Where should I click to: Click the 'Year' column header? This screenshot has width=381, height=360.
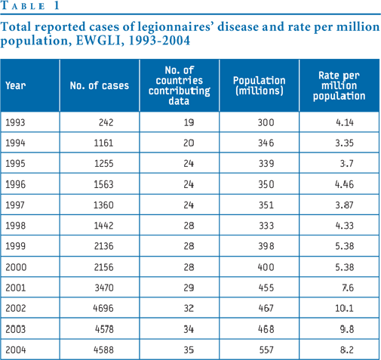[x=16, y=85]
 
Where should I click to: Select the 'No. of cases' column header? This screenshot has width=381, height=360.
[x=100, y=85]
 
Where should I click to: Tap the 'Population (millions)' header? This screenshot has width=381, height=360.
[x=260, y=85]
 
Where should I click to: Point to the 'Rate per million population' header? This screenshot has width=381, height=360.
[x=339, y=85]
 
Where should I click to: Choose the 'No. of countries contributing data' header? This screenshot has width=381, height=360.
[x=180, y=85]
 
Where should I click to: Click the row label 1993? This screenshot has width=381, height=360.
[x=15, y=122]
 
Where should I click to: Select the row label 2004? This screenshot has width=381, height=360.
[x=16, y=350]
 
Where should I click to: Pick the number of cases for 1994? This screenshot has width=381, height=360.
[x=103, y=143]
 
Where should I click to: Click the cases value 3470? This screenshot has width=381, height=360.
[x=104, y=288]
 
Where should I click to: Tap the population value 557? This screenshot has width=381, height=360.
[x=266, y=350]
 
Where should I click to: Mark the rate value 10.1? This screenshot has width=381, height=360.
[x=344, y=308]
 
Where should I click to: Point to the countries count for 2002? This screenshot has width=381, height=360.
[x=189, y=308]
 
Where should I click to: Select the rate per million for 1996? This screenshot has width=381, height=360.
[x=344, y=184]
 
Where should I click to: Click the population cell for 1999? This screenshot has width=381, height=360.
[x=266, y=246]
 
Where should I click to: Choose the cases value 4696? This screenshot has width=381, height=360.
[x=103, y=308]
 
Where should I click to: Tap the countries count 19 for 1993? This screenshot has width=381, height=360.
[x=189, y=122]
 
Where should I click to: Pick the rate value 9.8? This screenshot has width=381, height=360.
[x=347, y=329]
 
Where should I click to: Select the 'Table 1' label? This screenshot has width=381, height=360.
[x=30, y=5]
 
